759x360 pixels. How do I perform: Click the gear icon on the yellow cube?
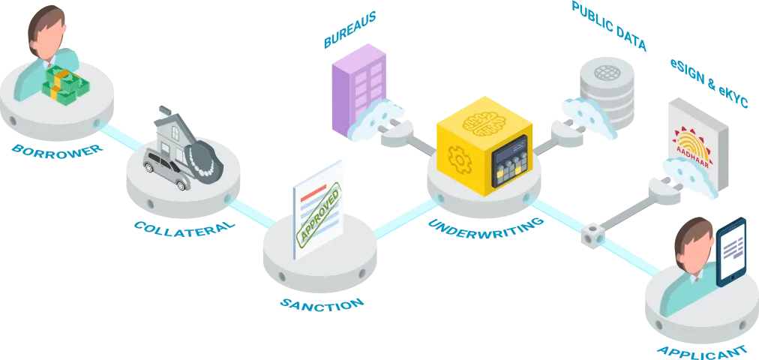point(457,158)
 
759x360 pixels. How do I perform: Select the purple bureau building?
point(358,82)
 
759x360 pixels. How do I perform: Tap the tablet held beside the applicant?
point(732,252)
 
